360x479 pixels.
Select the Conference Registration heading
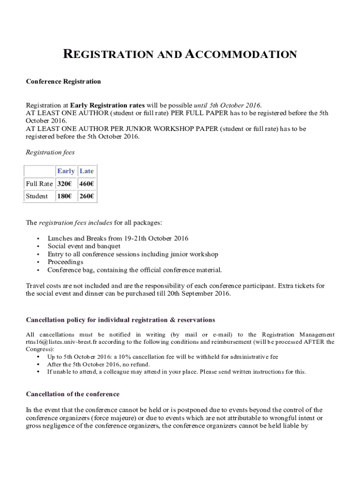[63, 81]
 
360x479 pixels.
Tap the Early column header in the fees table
[65, 171]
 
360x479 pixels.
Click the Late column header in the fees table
[86, 171]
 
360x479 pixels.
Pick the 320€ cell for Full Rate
[64, 184]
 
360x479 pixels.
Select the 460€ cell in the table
[86, 184]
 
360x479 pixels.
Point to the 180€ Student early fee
[64, 196]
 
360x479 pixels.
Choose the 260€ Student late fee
[86, 196]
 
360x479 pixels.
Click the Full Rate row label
[39, 184]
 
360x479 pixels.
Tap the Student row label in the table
[36, 196]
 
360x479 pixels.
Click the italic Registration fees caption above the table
[50, 152]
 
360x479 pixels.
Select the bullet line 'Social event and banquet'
[84, 246]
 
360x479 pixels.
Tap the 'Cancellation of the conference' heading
[72, 394]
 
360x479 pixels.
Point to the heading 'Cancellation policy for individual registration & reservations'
[120, 320]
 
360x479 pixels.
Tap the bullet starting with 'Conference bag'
[135, 270]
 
